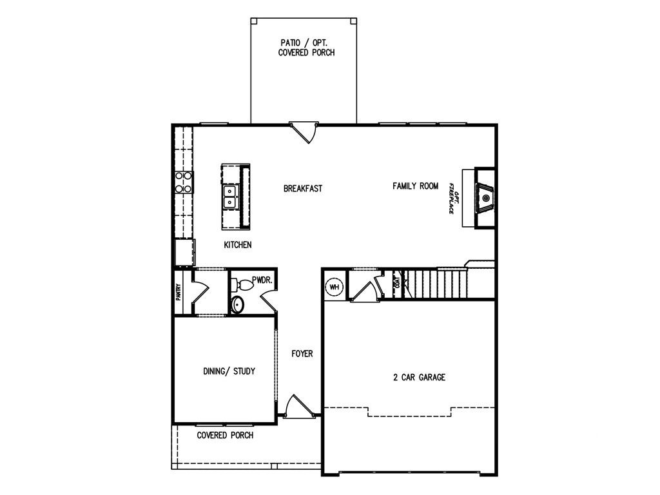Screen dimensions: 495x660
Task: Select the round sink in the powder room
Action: click(237, 305)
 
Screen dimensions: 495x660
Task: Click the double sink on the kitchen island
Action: click(229, 197)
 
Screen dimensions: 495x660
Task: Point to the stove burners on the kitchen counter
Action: click(184, 182)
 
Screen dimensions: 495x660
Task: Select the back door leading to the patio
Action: click(302, 132)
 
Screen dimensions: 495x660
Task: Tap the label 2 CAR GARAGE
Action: click(419, 378)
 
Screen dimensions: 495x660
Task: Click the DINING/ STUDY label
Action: click(229, 371)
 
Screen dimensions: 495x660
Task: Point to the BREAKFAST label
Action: click(302, 189)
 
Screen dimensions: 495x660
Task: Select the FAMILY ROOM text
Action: click(415, 186)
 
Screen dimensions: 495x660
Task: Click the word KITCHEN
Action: click(237, 245)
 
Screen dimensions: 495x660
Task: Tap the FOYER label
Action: click(302, 354)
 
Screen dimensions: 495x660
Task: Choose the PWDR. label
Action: click(262, 280)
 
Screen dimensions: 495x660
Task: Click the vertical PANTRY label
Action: click(179, 293)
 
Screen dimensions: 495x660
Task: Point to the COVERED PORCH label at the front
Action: click(225, 436)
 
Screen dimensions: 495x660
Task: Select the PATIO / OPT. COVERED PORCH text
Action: click(306, 47)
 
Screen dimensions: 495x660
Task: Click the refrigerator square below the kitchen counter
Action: click(184, 252)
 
